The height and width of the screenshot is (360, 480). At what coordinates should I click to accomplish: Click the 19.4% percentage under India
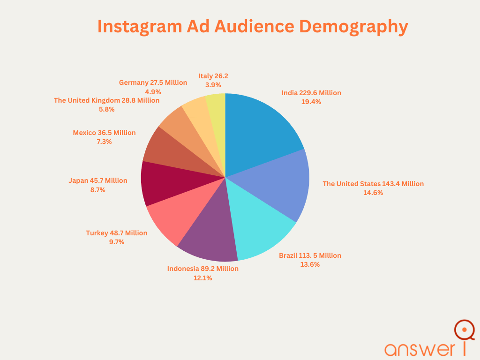[311, 102]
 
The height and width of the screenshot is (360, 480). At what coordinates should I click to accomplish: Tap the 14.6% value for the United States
[373, 193]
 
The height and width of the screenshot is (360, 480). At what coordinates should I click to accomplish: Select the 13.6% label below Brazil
[310, 264]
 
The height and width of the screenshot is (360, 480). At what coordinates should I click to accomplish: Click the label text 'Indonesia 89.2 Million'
[202, 269]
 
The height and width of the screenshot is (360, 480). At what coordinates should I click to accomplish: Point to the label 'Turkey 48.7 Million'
[117, 233]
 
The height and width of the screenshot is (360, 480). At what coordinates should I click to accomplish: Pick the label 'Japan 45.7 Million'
[97, 180]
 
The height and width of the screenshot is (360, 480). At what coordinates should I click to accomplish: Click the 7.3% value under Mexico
[104, 142]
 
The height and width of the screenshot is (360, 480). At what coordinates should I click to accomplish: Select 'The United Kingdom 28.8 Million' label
[106, 100]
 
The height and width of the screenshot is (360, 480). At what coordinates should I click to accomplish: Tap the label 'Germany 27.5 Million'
[153, 82]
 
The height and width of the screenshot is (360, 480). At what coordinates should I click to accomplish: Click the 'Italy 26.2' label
[213, 76]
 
